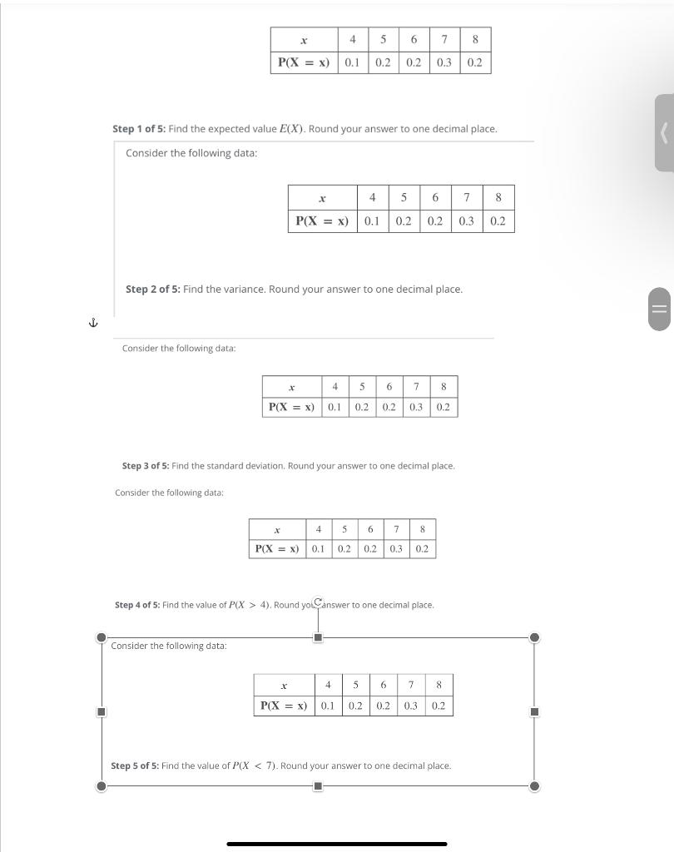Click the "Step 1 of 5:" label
pos(139,130)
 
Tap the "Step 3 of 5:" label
pos(146,466)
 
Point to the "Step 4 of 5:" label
pos(137,605)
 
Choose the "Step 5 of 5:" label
pos(135,765)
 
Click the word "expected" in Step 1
pos(230,130)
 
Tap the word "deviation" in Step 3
pos(260,466)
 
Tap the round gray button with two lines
pos(658,309)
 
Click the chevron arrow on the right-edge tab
pos(664,133)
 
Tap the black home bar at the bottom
pos(337,844)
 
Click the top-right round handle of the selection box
pos(534,638)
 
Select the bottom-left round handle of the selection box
pos(102,785)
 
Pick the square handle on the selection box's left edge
pos(102,712)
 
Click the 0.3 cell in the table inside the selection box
pos(411,706)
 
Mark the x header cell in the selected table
pos(284,686)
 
